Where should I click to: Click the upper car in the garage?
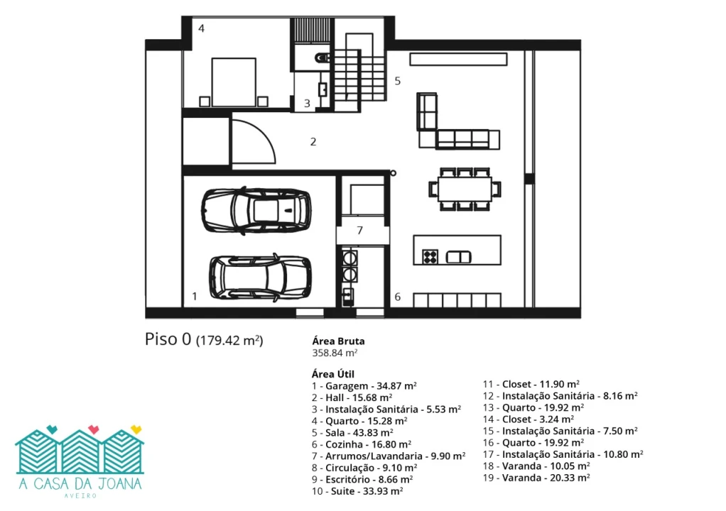(x=256, y=210)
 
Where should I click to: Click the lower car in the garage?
(x=260, y=278)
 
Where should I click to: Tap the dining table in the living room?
(x=465, y=189)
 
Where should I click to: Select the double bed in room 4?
(x=233, y=82)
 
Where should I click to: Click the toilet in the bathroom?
(x=322, y=57)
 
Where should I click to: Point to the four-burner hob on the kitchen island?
(x=430, y=256)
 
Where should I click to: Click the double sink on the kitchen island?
(x=458, y=257)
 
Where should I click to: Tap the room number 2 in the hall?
(x=313, y=141)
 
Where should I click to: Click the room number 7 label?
(x=359, y=230)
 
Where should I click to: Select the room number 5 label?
(x=397, y=81)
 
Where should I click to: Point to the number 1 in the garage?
(x=195, y=296)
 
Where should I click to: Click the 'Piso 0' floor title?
(x=168, y=339)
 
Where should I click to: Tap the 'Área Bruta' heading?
(x=338, y=341)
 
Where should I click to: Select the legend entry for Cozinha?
(x=362, y=444)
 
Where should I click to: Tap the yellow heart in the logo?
(x=136, y=429)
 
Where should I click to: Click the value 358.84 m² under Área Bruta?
(x=335, y=353)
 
